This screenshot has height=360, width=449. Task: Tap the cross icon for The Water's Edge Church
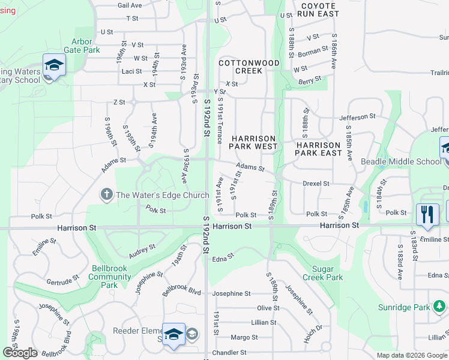(x=107, y=194)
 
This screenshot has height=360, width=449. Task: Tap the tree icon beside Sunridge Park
(x=440, y=307)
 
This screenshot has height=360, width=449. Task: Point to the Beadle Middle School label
(x=400, y=161)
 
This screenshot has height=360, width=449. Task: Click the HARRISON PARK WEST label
(x=255, y=142)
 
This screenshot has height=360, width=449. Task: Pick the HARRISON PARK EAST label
(x=319, y=149)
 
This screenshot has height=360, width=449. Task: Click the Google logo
(x=20, y=353)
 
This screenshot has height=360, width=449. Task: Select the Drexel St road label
(x=316, y=184)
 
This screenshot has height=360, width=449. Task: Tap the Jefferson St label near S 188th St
(x=357, y=116)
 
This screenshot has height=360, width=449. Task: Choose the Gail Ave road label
(x=130, y=5)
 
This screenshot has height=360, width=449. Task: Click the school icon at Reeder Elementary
(x=174, y=334)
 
